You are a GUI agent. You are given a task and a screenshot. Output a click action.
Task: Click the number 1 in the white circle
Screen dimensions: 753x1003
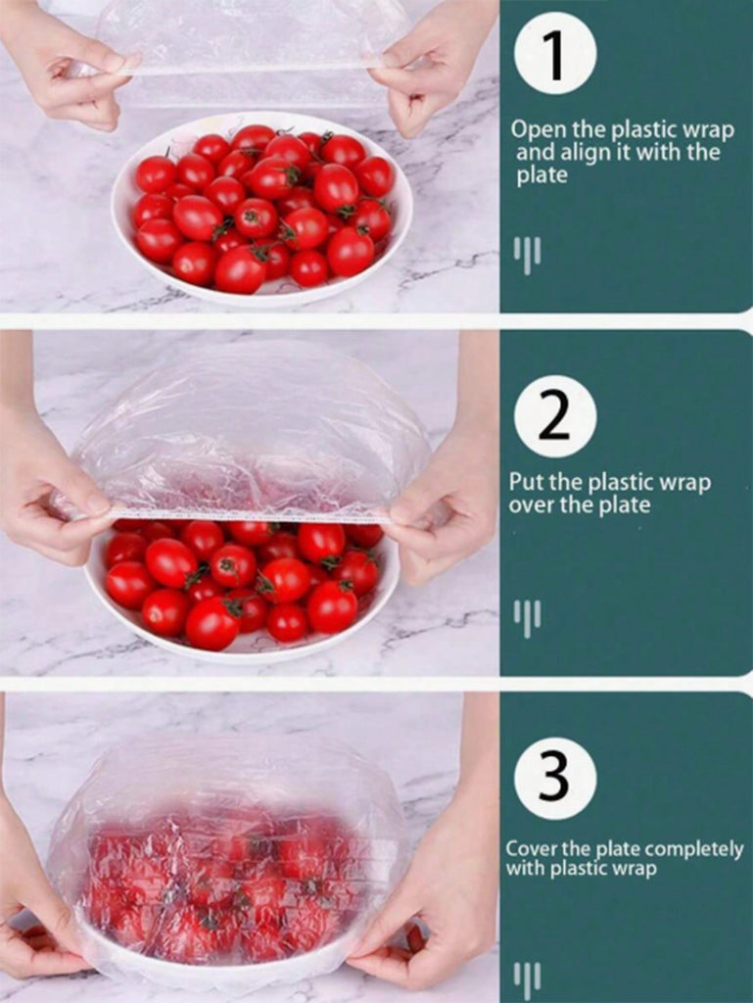click(555, 56)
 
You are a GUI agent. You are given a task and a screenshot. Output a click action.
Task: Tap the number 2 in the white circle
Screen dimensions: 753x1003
click(554, 417)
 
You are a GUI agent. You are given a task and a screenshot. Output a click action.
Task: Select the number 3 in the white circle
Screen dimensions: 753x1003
click(554, 777)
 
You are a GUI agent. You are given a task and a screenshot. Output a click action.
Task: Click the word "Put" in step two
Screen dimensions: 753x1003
click(528, 483)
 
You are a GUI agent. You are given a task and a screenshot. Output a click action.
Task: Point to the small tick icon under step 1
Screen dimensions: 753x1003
click(528, 254)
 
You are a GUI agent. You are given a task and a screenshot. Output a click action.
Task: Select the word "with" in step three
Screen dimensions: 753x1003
click(526, 868)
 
